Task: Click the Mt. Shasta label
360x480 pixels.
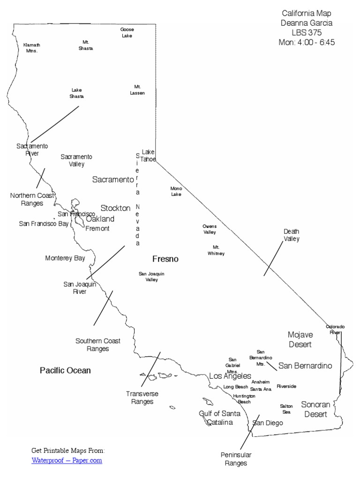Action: (x=85, y=45)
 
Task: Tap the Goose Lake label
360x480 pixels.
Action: (x=127, y=32)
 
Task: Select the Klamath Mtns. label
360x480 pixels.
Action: (x=30, y=47)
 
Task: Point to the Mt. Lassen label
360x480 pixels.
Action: (x=137, y=90)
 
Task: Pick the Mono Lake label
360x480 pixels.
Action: (x=176, y=191)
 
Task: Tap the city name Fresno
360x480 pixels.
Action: (x=165, y=259)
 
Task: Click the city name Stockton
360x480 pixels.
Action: (x=115, y=208)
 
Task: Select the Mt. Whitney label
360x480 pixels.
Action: (x=216, y=250)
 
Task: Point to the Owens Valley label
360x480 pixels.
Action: (x=210, y=229)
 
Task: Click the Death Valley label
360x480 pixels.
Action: (x=291, y=235)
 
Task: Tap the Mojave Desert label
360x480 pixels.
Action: (x=300, y=339)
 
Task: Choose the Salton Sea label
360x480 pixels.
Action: (x=286, y=409)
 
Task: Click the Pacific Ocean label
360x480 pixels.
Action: (x=65, y=370)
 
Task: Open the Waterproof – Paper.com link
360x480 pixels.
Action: (x=67, y=460)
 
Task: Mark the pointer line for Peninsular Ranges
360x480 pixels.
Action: (x=249, y=432)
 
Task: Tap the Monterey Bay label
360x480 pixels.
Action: (x=65, y=258)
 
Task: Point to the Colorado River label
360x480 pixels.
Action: (x=335, y=329)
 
